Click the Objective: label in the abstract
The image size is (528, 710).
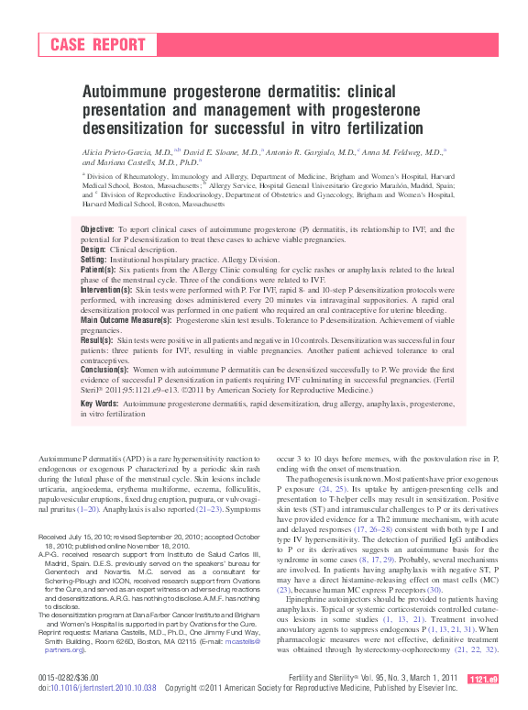[98, 228]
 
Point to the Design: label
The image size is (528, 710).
[93, 249]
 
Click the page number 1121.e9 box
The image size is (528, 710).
[482, 680]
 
